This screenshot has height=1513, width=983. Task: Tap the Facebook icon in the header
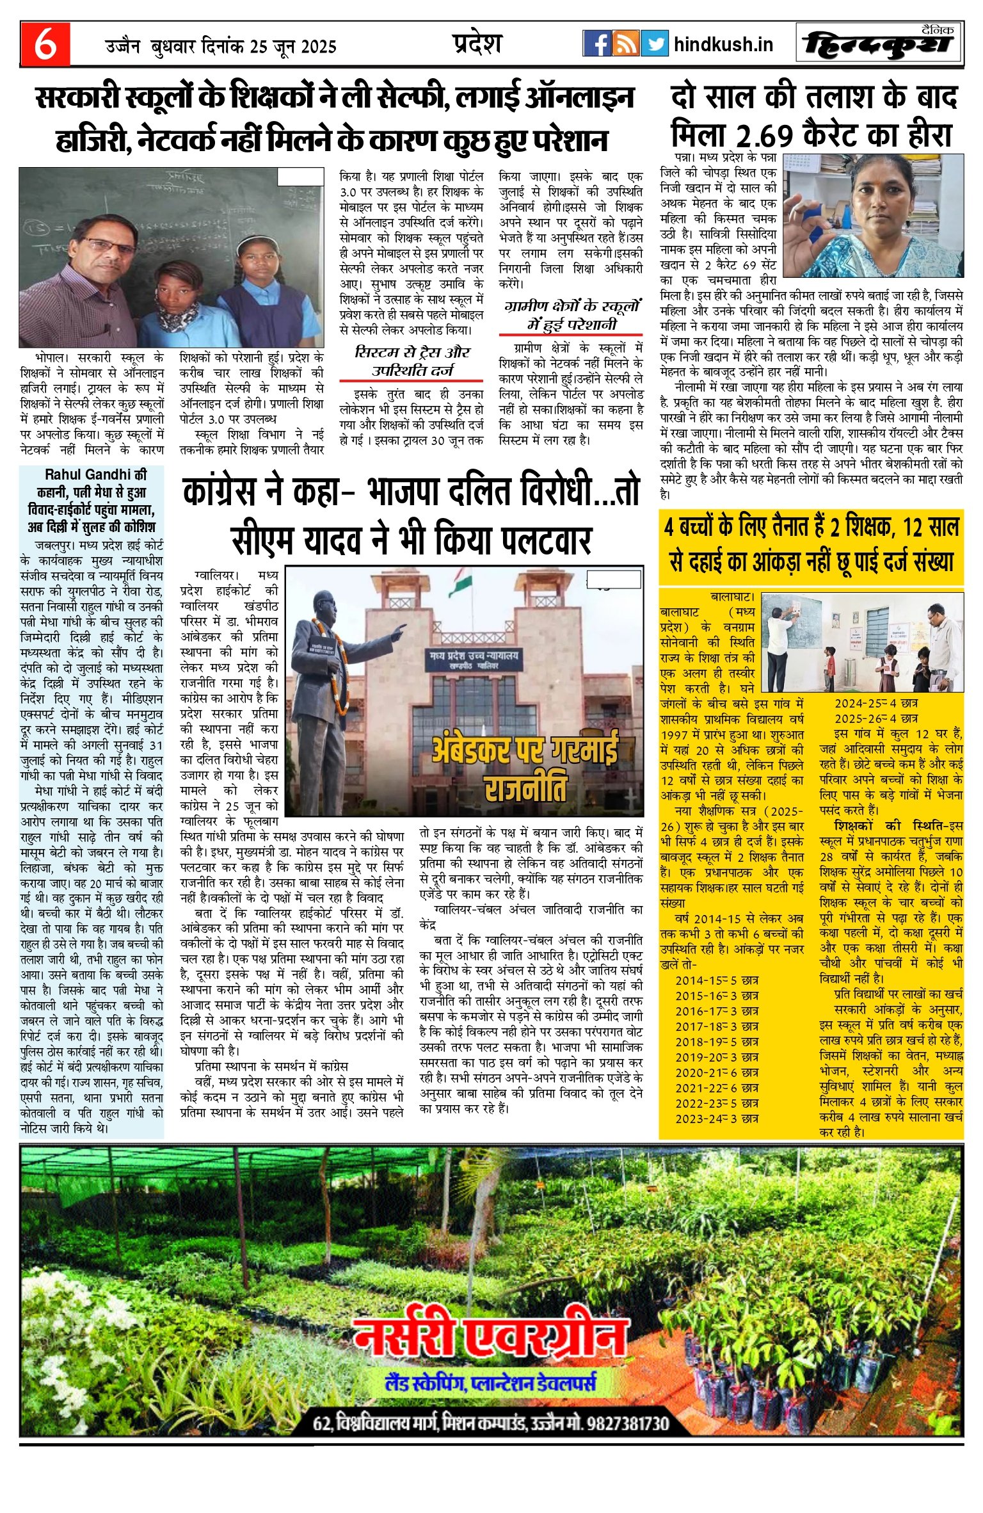(596, 44)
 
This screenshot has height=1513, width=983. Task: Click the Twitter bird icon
(654, 44)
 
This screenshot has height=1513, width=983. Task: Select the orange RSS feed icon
(625, 44)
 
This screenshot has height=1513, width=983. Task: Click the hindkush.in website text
(723, 44)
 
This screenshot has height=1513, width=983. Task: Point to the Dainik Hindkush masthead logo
(879, 44)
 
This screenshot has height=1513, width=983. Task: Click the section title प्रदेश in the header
(477, 43)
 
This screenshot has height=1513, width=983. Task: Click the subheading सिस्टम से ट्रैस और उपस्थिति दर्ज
(412, 361)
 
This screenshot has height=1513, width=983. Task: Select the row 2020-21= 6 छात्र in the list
(717, 1072)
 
